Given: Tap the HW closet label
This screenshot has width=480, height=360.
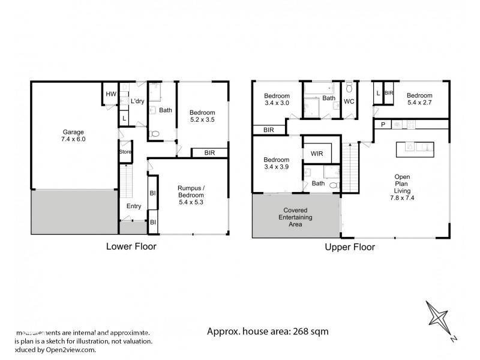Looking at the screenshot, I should pyautogui.click(x=110, y=94).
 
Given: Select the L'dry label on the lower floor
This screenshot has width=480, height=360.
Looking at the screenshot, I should pyautogui.click(x=138, y=102).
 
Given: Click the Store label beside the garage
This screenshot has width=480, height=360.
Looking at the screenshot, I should pyautogui.click(x=125, y=152).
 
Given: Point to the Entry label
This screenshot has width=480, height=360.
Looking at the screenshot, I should pyautogui.click(x=133, y=206).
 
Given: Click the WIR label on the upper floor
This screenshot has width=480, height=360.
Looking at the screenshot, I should pyautogui.click(x=317, y=154).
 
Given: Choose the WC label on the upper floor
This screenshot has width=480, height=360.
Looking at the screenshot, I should pyautogui.click(x=349, y=102).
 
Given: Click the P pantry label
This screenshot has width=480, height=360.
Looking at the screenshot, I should pyautogui.click(x=382, y=124).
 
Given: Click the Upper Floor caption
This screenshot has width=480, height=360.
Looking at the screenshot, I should pyautogui.click(x=350, y=247).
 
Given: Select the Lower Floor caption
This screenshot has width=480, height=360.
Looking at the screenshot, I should pyautogui.click(x=131, y=247).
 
